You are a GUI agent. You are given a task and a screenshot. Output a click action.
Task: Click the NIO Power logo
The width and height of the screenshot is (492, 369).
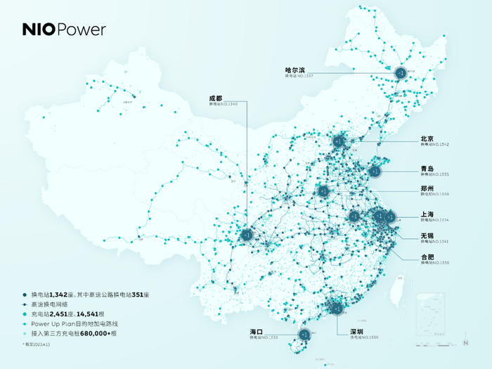[64, 30]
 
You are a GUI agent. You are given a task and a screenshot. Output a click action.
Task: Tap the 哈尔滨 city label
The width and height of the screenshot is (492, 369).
[294, 70]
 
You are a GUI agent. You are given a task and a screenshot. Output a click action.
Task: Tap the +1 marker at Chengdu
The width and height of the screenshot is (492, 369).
[247, 235]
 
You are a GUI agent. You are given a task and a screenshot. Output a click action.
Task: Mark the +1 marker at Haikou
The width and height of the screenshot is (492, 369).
[305, 334]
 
